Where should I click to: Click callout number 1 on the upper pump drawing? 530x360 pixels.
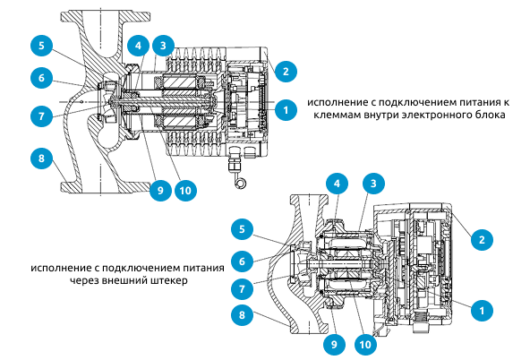(x=285, y=110)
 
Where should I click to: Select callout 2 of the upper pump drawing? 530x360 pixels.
(x=285, y=70)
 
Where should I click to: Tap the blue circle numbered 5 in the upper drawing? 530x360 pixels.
(x=41, y=45)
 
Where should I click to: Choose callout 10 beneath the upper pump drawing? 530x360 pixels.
(x=187, y=190)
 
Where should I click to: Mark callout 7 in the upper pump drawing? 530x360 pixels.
(x=41, y=115)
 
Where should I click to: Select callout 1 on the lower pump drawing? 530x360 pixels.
(x=483, y=309)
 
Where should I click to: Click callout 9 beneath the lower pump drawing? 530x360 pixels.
(x=335, y=341)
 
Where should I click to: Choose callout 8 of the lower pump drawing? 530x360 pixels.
(x=241, y=314)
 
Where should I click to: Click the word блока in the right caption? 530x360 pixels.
(x=492, y=116)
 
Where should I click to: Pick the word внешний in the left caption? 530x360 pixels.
(x=127, y=279)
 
